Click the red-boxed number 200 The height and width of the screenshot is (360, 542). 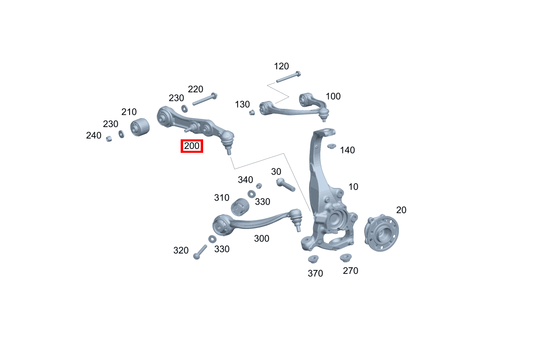click(192, 146)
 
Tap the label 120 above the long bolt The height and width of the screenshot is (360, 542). click(281, 66)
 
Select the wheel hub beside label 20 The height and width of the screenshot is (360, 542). click(381, 233)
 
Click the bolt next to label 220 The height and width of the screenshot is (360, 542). click(205, 99)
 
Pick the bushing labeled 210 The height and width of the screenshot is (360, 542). click(140, 127)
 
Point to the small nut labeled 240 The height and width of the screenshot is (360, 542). click(109, 139)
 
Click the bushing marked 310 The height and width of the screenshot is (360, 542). click(240, 207)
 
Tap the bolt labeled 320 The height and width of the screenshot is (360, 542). click(200, 252)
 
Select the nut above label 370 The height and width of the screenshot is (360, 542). click(313, 259)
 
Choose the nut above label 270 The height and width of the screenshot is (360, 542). click(345, 257)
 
